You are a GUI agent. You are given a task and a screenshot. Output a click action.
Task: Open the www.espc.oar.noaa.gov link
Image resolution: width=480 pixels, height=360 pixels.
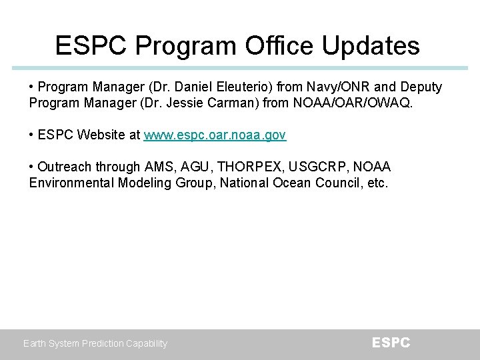pos(215,135)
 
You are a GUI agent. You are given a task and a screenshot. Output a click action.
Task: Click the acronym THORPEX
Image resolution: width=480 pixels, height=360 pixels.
pos(249,167)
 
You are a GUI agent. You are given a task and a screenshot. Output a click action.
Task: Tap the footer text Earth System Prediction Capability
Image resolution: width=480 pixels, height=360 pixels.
pos(95,343)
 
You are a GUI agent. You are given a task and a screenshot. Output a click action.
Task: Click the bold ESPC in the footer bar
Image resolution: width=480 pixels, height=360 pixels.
pos(391,343)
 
